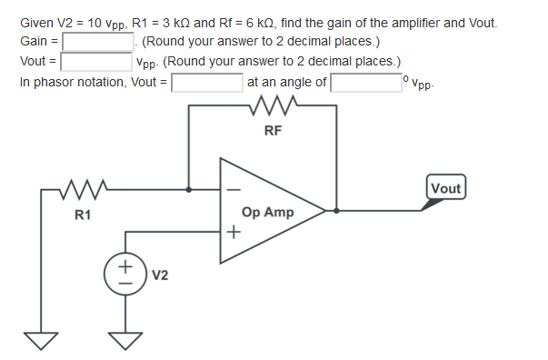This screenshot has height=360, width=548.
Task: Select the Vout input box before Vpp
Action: (x=96, y=62)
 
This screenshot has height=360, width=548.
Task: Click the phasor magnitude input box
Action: (x=206, y=83)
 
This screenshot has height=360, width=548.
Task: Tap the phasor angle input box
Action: (x=366, y=83)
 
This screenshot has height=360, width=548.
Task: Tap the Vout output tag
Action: (x=445, y=189)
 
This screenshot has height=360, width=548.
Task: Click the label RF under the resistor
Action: (x=273, y=131)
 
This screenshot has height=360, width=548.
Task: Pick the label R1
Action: (x=83, y=215)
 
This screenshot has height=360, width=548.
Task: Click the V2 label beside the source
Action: (x=159, y=273)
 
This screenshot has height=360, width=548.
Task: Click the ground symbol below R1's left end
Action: (x=38, y=341)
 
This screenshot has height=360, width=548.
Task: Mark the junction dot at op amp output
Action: (x=338, y=211)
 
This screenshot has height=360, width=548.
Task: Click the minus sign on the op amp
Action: (x=234, y=191)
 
